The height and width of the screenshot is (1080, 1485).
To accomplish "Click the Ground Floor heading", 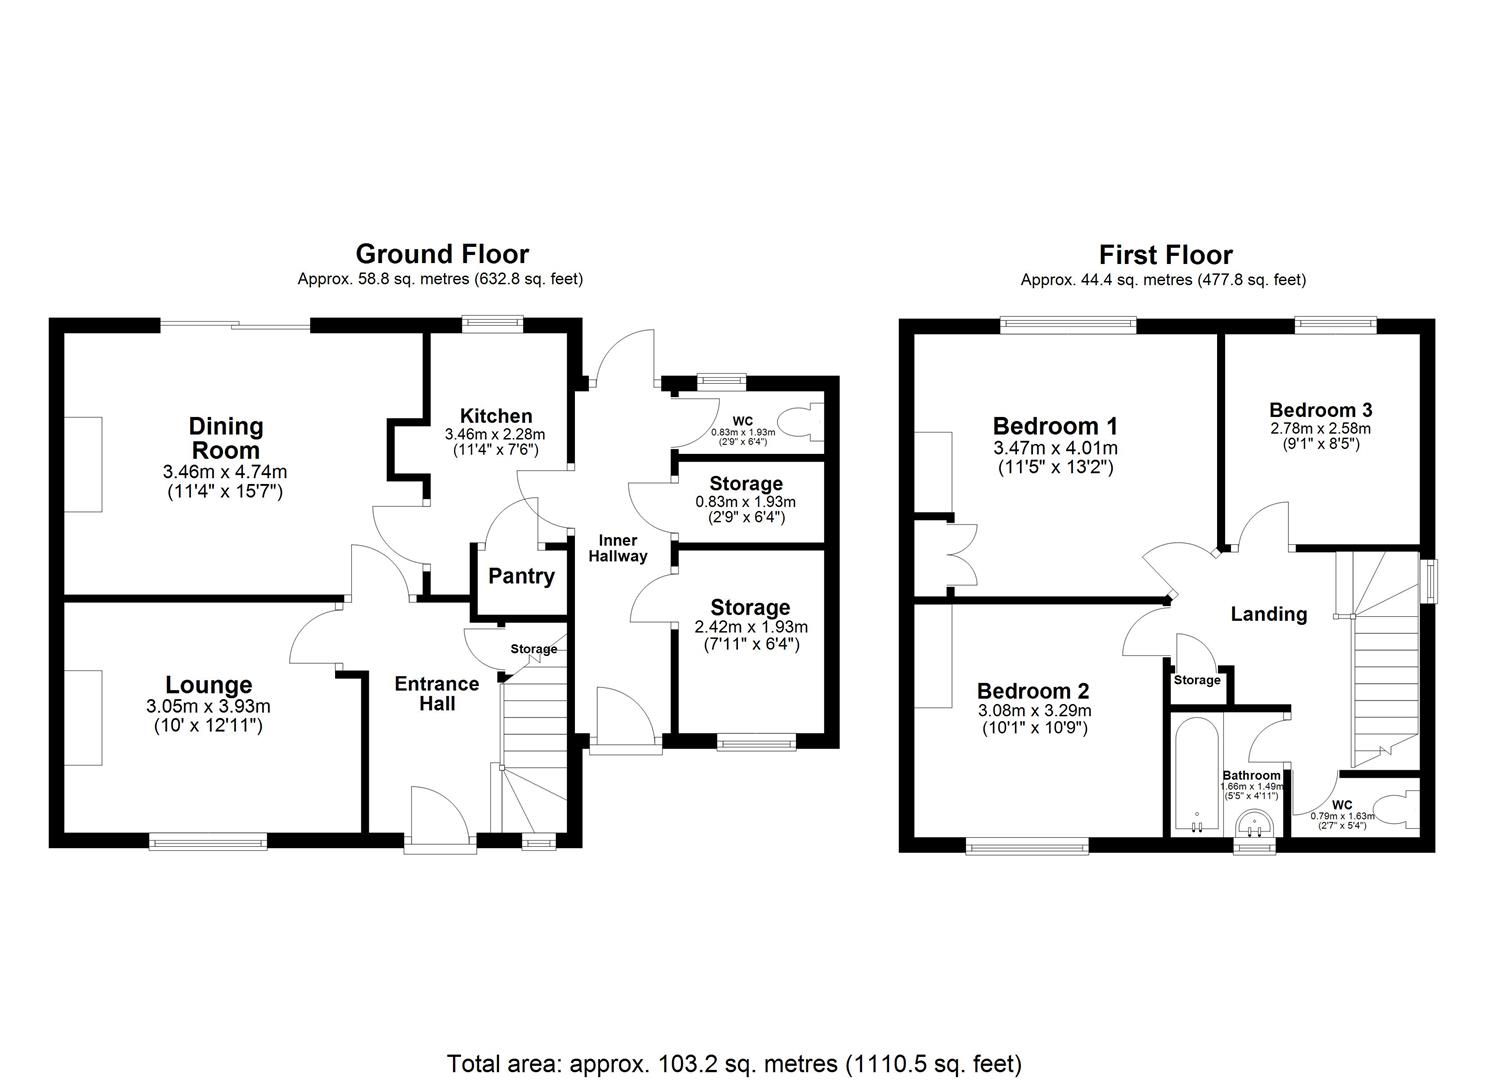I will coord(441,254).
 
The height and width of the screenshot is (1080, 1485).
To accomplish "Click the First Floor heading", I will coord(1165,254).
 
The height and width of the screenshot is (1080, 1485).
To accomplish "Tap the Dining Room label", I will coord(226,438).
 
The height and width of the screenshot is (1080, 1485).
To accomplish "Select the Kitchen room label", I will coord(496,416).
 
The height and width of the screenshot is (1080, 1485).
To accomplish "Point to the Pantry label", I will coord(521,576).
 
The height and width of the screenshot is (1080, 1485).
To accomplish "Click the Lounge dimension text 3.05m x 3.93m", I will coord(208,707).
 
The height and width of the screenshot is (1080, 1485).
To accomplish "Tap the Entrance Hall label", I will coord(437,693).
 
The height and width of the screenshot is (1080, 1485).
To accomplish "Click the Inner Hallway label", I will coord(617,548).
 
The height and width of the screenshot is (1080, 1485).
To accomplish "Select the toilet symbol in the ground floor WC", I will coord(803,422).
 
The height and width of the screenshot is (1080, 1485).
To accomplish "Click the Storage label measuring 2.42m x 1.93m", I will coord(750,607).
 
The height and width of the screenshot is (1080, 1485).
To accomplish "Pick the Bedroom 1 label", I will coord(1055,425).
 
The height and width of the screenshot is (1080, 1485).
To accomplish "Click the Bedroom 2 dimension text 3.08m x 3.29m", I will coord(1033,711).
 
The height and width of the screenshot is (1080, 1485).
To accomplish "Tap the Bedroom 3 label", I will coord(1320,409).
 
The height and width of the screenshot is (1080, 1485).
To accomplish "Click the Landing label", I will coord(1268,614).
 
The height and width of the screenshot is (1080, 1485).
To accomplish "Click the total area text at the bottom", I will coord(734,1063).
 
